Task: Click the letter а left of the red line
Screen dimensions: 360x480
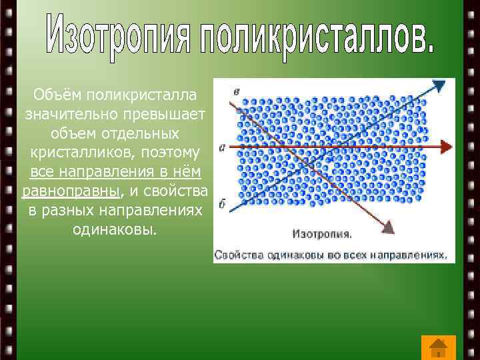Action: point(221,146)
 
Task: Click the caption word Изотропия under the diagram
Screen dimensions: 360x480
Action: point(323,235)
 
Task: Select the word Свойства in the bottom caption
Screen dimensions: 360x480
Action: point(239,255)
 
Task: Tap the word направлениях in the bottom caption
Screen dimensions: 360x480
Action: point(407,255)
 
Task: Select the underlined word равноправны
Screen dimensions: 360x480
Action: point(72,192)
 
